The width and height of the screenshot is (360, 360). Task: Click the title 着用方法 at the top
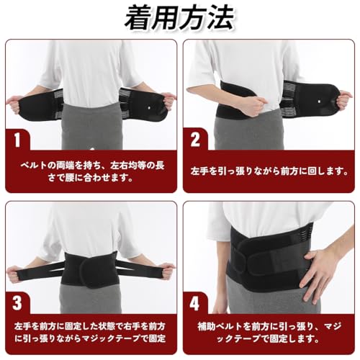click(180, 18)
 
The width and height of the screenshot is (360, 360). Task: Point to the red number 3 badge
click(17, 301)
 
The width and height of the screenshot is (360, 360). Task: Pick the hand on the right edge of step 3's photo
click(166, 271)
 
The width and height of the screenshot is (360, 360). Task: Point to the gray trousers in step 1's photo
click(89, 133)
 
